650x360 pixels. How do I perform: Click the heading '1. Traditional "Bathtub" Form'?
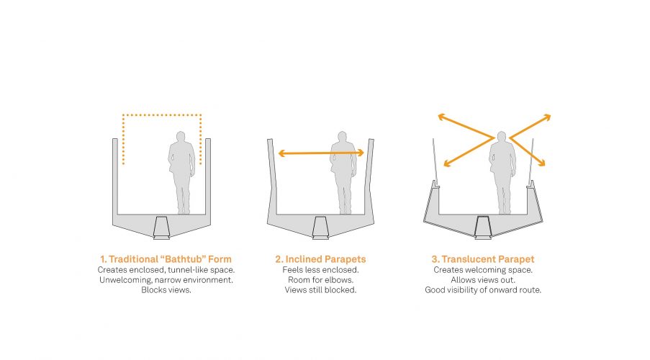[166, 259]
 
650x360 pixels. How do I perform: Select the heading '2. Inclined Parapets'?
[320, 259]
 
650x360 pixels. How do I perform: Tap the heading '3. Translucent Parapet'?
[483, 259]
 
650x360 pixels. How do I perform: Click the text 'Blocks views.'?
[166, 290]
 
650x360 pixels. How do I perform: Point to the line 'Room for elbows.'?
[320, 280]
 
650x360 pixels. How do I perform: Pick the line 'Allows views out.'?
[483, 280]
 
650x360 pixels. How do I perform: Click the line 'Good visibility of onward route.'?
[483, 290]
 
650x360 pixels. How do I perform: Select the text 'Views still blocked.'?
[320, 290]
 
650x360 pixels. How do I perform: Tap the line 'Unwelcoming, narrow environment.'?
[166, 280]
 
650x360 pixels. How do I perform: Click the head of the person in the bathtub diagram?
[181, 137]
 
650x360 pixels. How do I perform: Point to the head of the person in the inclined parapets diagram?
[343, 137]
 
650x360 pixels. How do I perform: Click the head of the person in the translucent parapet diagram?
[502, 137]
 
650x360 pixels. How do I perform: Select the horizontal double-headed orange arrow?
[321, 153]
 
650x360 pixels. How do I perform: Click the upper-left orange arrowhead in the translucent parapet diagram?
[442, 117]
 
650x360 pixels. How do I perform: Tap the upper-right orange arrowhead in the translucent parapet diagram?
[547, 117]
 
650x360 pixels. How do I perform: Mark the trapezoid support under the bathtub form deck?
[162, 228]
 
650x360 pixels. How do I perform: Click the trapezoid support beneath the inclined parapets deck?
[320, 228]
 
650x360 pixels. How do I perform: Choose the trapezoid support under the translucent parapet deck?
[483, 228]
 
